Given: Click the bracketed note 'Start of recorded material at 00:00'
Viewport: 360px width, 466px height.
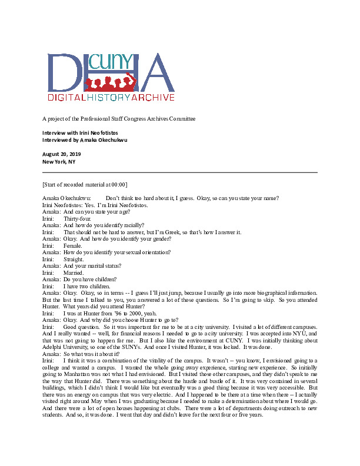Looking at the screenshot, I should click(85, 185).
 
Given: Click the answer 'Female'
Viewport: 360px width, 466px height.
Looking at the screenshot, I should click(72, 245).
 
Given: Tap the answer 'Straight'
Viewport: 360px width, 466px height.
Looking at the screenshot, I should click(74, 258).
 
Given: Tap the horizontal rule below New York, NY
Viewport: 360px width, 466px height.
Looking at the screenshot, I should click(180, 172).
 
